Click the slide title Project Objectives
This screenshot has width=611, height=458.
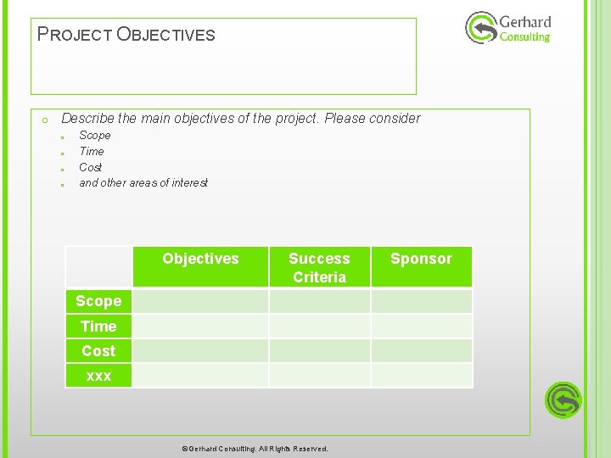(x=126, y=35)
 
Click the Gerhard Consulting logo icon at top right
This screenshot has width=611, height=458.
(x=480, y=28)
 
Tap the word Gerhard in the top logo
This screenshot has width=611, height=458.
(x=525, y=21)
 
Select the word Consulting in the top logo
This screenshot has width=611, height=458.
(x=524, y=37)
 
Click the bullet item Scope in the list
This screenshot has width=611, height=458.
(x=94, y=136)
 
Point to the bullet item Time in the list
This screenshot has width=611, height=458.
(x=92, y=151)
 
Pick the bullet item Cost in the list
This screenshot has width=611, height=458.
(x=90, y=167)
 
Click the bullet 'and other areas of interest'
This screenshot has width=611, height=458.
(x=143, y=183)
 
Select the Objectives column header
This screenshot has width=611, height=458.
(x=200, y=259)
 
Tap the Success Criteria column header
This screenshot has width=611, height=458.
(x=319, y=267)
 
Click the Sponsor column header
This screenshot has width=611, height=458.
(x=421, y=259)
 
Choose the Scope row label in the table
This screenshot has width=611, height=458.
(x=98, y=301)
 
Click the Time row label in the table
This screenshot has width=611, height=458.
(x=98, y=326)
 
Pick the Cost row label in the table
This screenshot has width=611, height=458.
(x=98, y=350)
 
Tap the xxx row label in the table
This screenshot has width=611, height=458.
(x=98, y=375)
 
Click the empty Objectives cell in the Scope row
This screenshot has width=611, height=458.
(x=200, y=301)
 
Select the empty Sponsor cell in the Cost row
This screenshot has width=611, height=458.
(x=421, y=350)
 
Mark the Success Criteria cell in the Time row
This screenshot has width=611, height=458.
(x=319, y=326)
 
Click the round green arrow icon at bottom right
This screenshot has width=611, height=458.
(x=563, y=399)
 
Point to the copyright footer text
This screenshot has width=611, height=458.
(x=255, y=449)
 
